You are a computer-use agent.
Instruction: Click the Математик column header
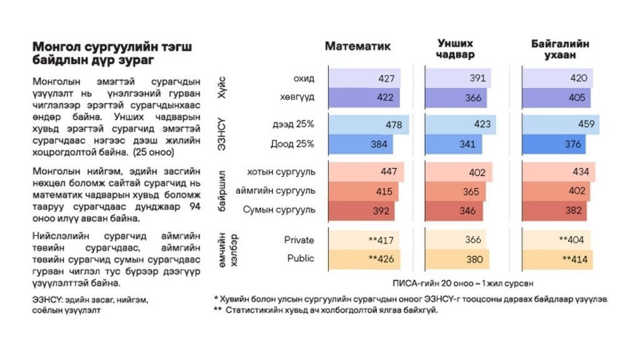[357, 46]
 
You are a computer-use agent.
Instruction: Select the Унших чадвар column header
[455, 49]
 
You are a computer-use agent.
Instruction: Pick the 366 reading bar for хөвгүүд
[455, 98]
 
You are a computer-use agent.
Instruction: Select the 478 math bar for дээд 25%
[368, 125]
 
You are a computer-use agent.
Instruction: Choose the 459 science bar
[559, 124]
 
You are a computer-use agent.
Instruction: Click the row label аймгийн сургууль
[275, 191]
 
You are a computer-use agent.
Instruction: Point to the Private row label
[299, 240]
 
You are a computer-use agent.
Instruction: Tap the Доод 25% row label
[292, 143]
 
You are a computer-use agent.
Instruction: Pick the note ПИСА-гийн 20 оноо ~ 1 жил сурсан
[463, 282]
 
